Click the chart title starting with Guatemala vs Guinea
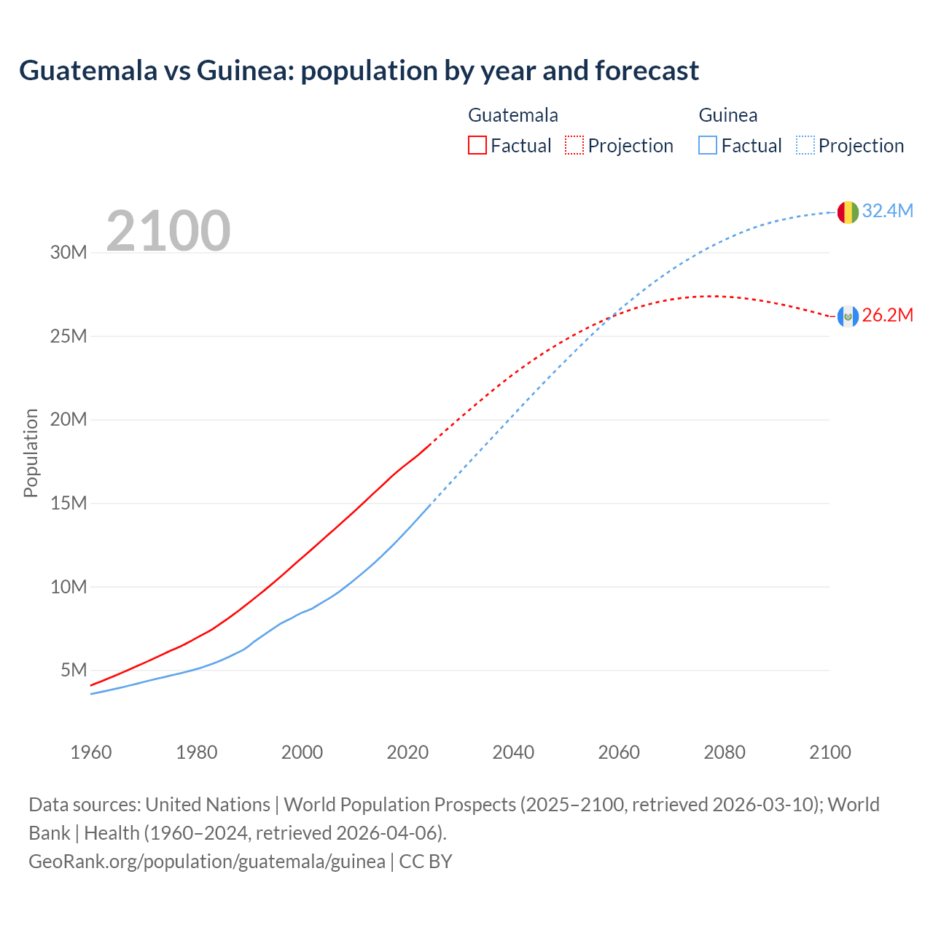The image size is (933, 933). tap(359, 71)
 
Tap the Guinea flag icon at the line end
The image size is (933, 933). tap(847, 212)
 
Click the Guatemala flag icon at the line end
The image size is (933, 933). tap(847, 316)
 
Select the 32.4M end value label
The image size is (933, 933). tap(887, 211)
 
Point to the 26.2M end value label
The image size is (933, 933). tap(887, 315)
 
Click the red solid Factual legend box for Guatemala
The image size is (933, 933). tap(477, 145)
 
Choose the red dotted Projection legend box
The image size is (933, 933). tap(574, 145)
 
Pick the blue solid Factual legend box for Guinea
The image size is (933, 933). tap(708, 145)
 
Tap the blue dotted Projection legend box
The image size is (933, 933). tap(805, 145)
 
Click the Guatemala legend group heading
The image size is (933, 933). tap(513, 115)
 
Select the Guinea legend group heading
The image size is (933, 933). tap(728, 115)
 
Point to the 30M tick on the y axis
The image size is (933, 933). tap(69, 253)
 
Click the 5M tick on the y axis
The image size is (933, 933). tap(74, 670)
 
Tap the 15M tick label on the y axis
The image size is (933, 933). tap(69, 503)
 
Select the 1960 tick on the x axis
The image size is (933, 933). tap(91, 752)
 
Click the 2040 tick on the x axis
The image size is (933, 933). tap(513, 752)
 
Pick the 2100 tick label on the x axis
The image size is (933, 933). tap(829, 752)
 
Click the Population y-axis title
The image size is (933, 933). tap(31, 453)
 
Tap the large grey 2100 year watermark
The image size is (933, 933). tap(168, 231)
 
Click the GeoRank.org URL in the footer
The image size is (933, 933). tap(207, 861)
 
